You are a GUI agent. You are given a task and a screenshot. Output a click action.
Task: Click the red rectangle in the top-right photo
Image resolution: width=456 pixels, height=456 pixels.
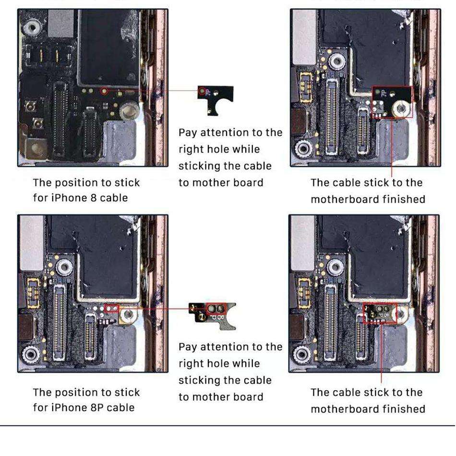pyautogui.click(x=392, y=102)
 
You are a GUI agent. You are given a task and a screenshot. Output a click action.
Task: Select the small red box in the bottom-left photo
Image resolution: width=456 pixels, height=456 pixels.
pyautogui.click(x=111, y=307)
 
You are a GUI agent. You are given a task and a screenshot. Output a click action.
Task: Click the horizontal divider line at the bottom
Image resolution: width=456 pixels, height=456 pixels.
pyautogui.click(x=228, y=426)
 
